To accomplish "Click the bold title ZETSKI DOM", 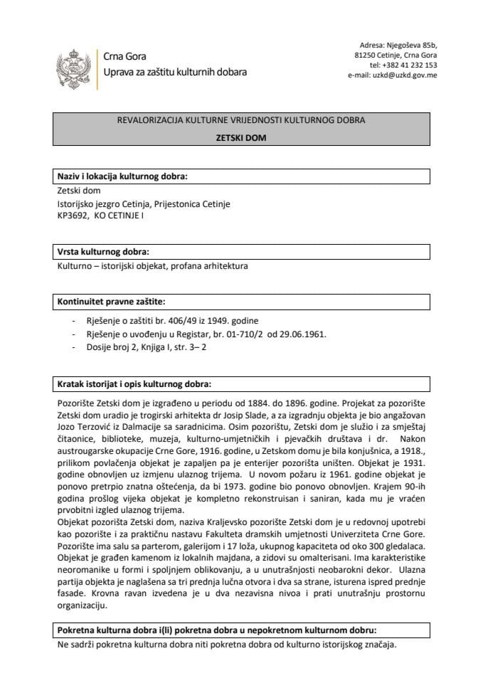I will click(241, 139).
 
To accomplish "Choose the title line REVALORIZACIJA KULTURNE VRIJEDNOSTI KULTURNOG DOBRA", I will click(241, 121).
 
